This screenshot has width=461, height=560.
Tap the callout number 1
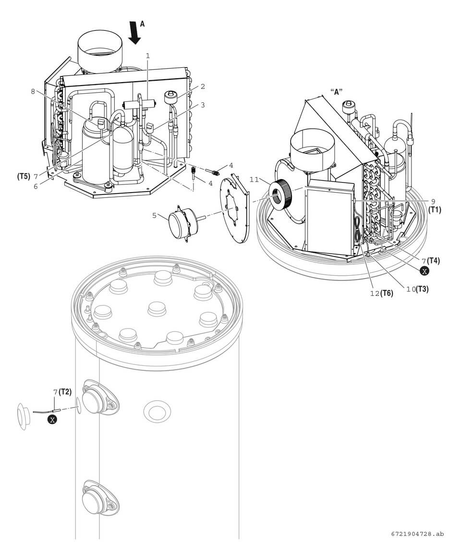[x=148, y=56]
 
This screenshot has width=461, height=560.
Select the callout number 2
[x=203, y=86]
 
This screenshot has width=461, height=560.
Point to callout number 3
[x=203, y=105]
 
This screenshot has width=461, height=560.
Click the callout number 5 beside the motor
[x=154, y=216]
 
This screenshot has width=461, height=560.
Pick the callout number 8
[x=33, y=92]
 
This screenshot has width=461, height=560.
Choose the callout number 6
[x=36, y=186]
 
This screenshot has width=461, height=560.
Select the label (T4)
[x=434, y=261]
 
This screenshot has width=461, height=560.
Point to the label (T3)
[x=422, y=289]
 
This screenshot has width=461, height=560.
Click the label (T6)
[x=387, y=293]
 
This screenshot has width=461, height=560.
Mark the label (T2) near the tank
[x=65, y=392]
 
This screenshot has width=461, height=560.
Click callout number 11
[x=255, y=179]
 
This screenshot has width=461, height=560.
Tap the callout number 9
[x=433, y=202]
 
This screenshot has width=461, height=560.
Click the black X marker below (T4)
[x=425, y=271]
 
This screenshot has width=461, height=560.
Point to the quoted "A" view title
[x=336, y=92]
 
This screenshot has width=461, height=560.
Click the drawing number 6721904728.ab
[x=417, y=534]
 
